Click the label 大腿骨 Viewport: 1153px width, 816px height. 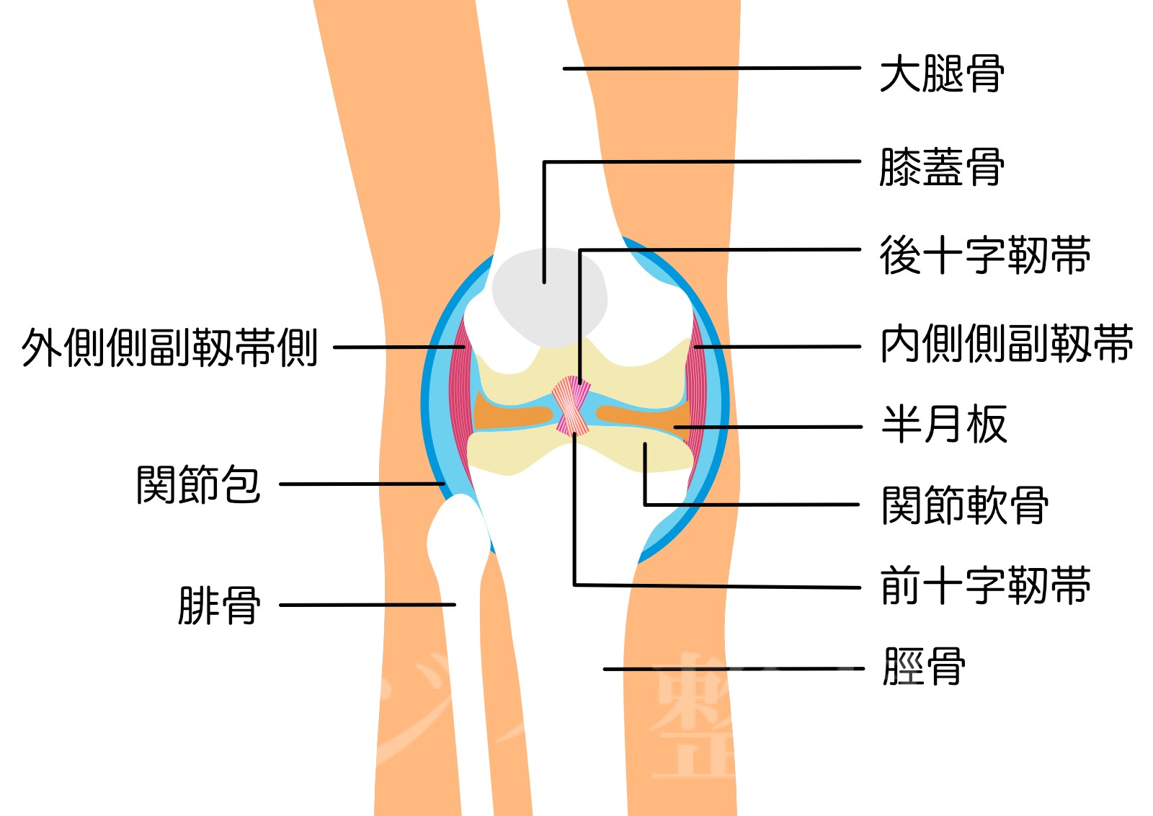click(941, 74)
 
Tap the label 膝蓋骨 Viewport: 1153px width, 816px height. click(941, 167)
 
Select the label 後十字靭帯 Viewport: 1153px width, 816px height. click(984, 255)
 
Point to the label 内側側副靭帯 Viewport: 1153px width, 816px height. click(1006, 344)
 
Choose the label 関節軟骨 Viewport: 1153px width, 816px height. click(964, 505)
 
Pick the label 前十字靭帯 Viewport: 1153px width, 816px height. click(984, 585)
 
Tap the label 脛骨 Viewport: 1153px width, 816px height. click(924, 666)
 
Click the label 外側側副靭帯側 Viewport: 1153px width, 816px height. click(170, 347)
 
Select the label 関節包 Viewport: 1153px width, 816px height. click(198, 484)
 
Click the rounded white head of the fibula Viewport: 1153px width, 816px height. click(458, 537)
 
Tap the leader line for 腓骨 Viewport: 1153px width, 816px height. click(368, 605)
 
